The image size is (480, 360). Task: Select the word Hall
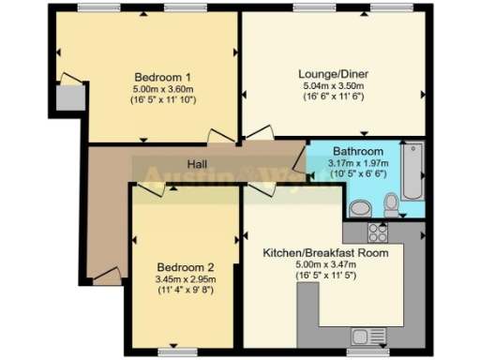pos(196,165)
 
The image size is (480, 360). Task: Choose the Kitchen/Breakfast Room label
pos(325,252)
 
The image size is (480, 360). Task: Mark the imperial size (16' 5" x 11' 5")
pos(325,277)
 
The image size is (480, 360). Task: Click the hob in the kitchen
pos(378,232)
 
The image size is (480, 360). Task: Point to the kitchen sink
pos(362,335)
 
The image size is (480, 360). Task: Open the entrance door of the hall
pos(105,276)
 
